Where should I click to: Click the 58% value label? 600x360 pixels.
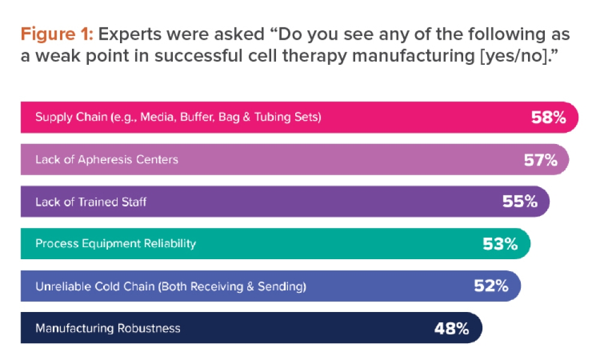point(548,118)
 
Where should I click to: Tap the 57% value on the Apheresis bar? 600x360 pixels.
point(540,160)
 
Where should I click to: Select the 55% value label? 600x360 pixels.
point(520,202)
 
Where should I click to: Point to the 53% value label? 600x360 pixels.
point(500,244)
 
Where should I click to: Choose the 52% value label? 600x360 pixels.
point(491,286)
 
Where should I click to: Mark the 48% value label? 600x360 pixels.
point(451,328)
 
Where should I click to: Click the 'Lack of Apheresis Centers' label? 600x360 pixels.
point(106,160)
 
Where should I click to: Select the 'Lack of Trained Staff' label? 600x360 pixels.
point(91,202)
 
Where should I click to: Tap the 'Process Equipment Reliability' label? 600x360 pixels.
point(115,244)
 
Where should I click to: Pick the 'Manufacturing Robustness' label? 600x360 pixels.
point(107,328)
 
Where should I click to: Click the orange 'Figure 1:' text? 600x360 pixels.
point(56,34)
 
